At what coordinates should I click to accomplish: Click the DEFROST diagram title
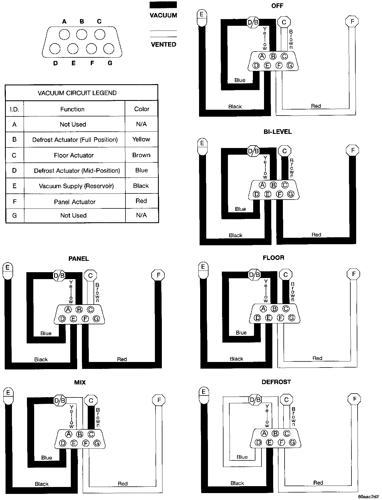click(276, 382)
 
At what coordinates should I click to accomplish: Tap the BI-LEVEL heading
click(277, 132)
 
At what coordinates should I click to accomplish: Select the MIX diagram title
click(80, 382)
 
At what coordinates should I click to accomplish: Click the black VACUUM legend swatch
click(163, 5)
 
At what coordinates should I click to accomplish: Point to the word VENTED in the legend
click(164, 44)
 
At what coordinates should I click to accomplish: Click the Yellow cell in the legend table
click(141, 139)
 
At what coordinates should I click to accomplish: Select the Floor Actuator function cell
click(74, 155)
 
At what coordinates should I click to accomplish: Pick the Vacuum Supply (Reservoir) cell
click(76, 186)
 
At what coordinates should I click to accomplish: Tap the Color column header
click(142, 109)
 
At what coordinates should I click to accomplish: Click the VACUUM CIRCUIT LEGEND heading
click(77, 93)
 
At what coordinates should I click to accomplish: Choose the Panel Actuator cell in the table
click(75, 202)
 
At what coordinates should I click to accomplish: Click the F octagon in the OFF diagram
click(352, 22)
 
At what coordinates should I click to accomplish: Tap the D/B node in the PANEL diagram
click(59, 275)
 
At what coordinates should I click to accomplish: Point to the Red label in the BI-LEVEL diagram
click(316, 235)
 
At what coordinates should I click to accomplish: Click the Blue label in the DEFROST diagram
click(242, 457)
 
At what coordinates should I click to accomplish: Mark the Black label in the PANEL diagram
click(41, 359)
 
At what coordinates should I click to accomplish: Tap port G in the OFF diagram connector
click(290, 65)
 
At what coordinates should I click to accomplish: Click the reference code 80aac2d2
click(368, 496)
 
